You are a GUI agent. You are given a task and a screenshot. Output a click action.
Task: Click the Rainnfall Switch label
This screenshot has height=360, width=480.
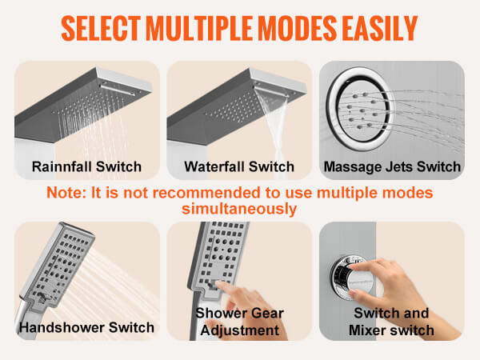pyautogui.click(x=86, y=167)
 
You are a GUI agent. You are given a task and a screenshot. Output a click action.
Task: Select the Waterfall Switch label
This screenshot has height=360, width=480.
pyautogui.click(x=238, y=167)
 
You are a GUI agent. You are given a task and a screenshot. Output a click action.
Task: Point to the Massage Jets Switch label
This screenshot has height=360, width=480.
pyautogui.click(x=392, y=167)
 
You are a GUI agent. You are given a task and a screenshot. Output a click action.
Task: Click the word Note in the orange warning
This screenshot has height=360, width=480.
pyautogui.click(x=66, y=194)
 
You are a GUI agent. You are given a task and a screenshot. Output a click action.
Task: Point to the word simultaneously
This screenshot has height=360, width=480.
pyautogui.click(x=239, y=209)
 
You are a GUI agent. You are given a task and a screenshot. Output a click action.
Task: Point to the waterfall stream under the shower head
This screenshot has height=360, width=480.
pyautogui.click(x=272, y=132)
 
